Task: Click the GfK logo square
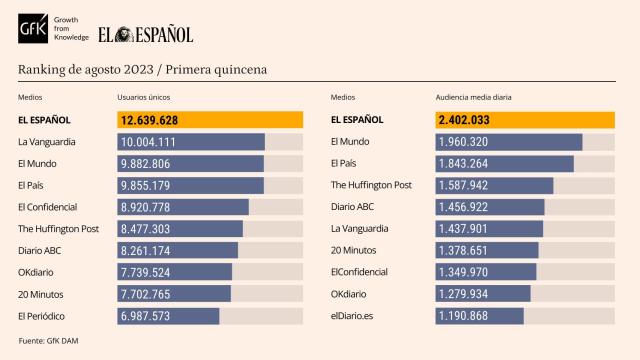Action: pyautogui.click(x=32, y=32)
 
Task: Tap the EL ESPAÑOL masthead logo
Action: pyautogui.click(x=145, y=34)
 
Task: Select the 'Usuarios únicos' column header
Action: pyautogui.click(x=144, y=97)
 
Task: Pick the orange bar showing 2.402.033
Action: pyautogui.click(x=524, y=120)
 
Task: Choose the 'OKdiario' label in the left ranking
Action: pyautogui.click(x=38, y=272)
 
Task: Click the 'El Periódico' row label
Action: pyautogui.click(x=43, y=316)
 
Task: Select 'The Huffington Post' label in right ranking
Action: pyautogui.click(x=371, y=185)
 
